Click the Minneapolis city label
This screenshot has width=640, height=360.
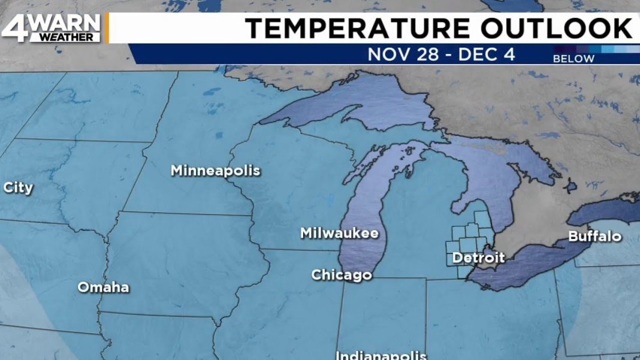coord(215,171)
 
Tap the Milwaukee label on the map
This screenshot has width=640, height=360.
coord(340,233)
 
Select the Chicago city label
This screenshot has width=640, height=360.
coord(342,275)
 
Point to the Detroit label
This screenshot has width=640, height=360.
coord(478,258)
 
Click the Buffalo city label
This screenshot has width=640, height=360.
coord(594,237)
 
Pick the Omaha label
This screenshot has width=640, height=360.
coord(103,288)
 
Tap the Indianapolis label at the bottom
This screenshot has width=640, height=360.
coord(381,355)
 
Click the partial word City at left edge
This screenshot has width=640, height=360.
coord(18,188)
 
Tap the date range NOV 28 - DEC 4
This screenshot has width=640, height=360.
coord(441,55)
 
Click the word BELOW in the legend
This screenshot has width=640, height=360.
coord(573,59)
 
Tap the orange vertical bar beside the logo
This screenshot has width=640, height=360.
coord(107,28)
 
